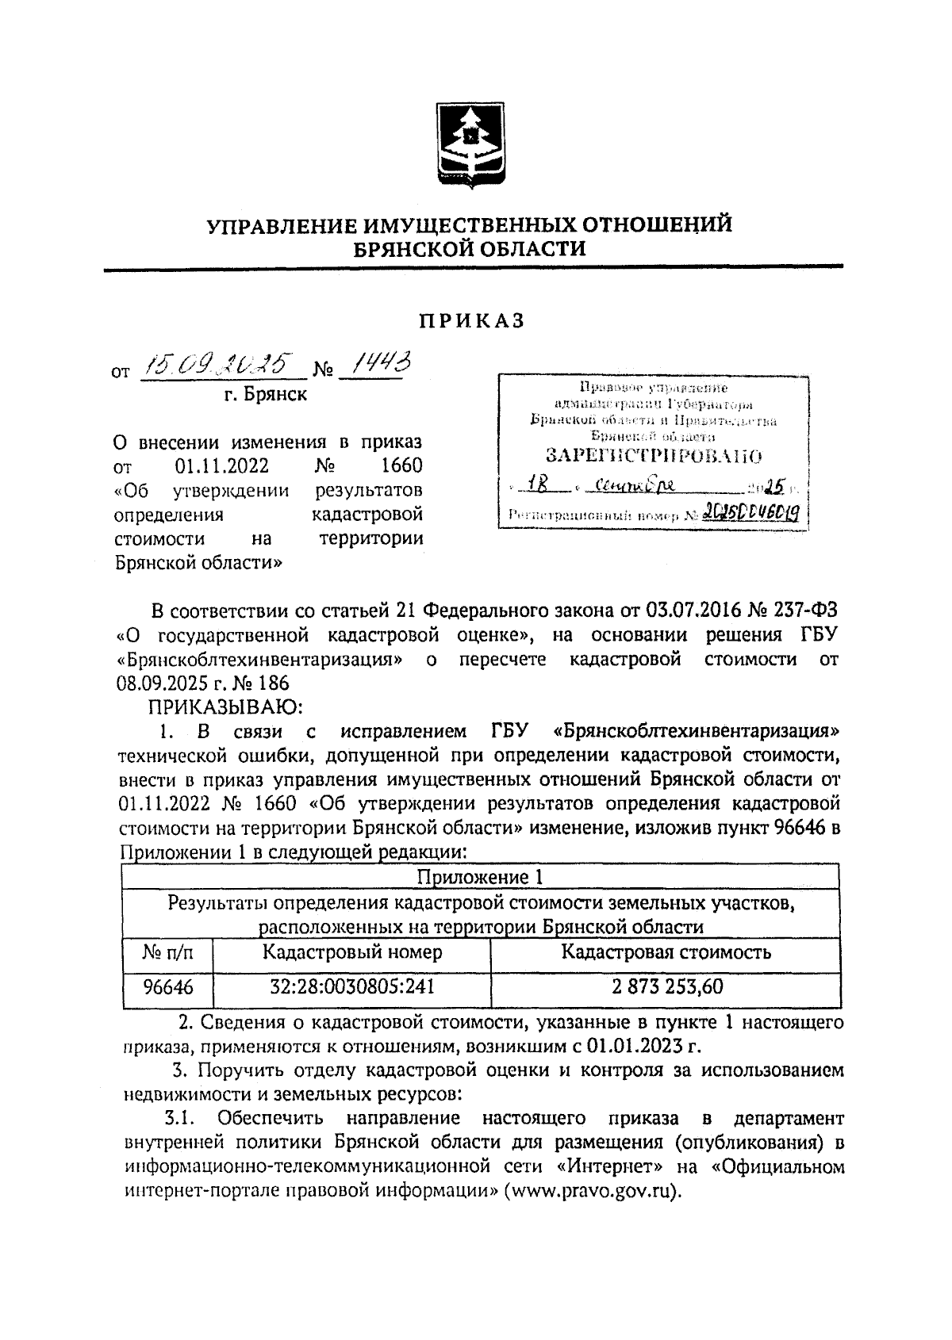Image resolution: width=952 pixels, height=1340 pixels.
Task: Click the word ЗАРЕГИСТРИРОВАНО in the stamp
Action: coord(654,456)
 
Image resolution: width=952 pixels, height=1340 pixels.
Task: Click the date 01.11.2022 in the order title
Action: coord(221,465)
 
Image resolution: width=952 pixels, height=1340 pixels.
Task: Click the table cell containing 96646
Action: coord(167,987)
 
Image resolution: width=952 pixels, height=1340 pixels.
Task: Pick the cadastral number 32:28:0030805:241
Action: coord(352,987)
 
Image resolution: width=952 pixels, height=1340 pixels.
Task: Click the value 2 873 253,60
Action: coord(666,987)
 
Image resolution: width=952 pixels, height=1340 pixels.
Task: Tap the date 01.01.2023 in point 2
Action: coord(635,1046)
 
